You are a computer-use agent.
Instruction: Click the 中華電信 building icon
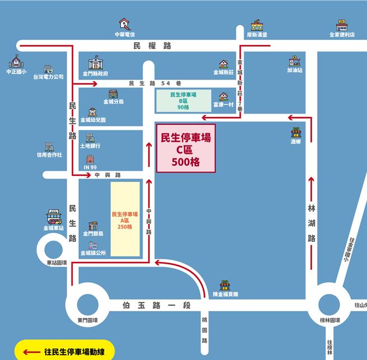124,24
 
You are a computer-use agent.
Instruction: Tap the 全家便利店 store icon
342,25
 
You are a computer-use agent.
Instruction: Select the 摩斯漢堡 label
257,35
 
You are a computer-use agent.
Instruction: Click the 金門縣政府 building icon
96,62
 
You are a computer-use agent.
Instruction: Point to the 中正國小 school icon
16,61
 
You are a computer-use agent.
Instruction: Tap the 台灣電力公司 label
48,77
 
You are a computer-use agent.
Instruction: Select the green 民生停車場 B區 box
183,101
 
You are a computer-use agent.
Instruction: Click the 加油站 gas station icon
294,61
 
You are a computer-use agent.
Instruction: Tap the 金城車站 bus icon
54,216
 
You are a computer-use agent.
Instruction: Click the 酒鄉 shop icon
295,133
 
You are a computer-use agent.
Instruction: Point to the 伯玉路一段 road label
157,305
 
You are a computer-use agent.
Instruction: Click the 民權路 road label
152,46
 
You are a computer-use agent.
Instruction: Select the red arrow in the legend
31,352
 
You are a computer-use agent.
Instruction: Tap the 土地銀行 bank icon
90,138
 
